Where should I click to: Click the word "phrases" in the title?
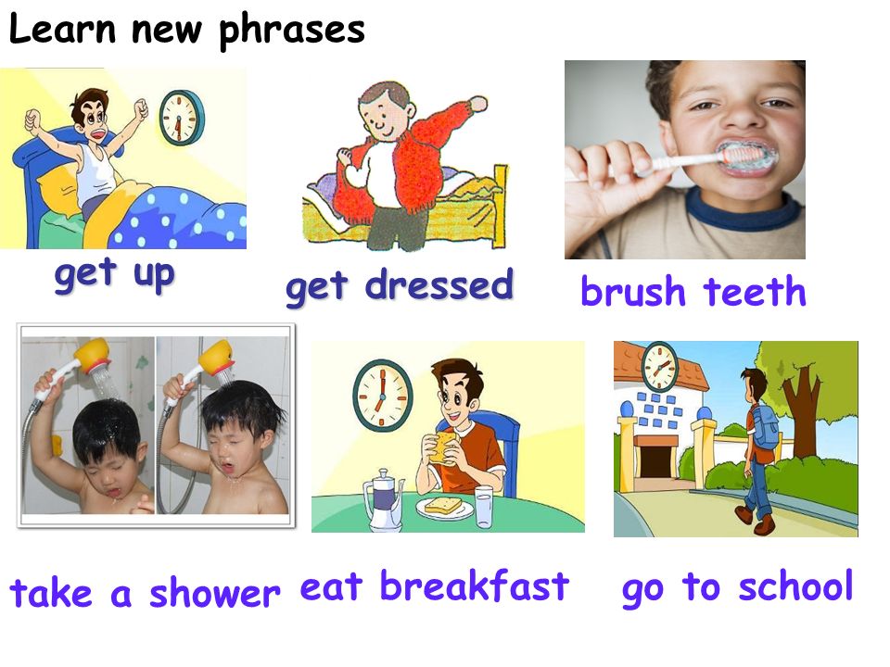292,31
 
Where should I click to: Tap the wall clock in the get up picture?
181,118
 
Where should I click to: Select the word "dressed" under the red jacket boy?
439,284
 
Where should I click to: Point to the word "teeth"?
755,292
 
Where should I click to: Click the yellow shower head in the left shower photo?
93,355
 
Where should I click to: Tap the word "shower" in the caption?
214,592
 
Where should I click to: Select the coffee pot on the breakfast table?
384,499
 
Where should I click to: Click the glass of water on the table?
484,507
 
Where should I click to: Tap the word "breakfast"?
474,585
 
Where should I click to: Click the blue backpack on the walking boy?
766,426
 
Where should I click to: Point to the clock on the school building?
659,367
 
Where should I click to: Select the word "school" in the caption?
795,585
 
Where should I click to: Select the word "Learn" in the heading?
62,29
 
